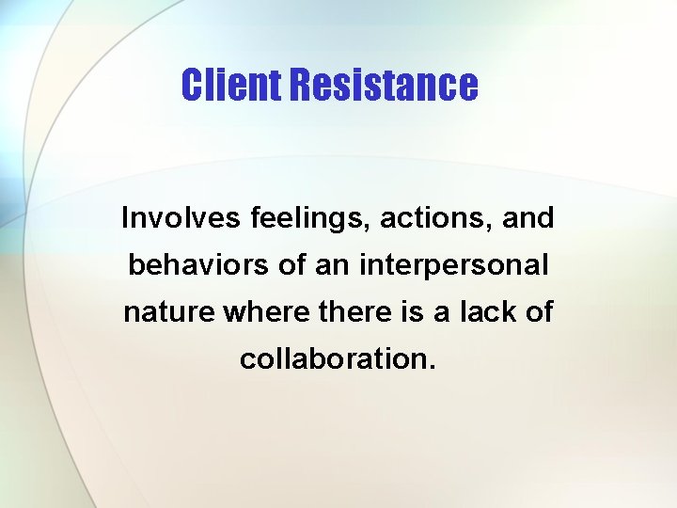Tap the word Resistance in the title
(384, 85)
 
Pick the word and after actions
(529, 219)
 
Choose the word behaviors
(199, 265)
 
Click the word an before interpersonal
(333, 266)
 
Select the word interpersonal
(454, 266)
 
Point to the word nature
(170, 312)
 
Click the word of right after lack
(538, 312)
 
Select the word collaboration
(333, 358)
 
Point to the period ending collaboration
(432, 367)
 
